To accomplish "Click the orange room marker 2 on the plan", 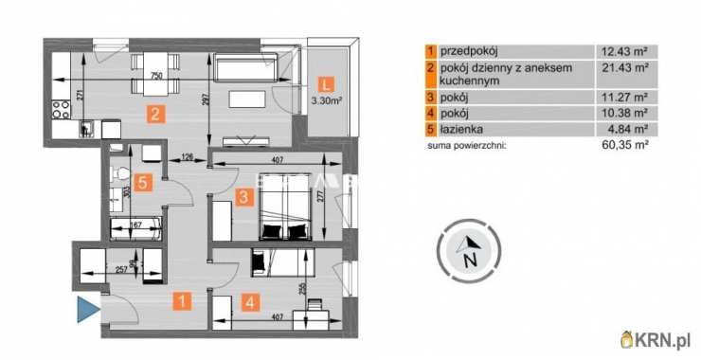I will point(152,116).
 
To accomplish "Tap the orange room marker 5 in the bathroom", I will point(142,184).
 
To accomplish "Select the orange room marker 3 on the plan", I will point(244,197).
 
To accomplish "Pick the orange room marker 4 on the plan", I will point(249,303).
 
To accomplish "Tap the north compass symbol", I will point(466,252).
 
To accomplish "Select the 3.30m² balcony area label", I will point(325,99).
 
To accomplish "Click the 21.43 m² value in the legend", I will point(624,68).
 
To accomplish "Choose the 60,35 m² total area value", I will point(624,146).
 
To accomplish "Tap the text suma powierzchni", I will point(467,146).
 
